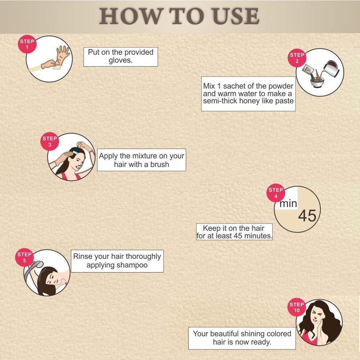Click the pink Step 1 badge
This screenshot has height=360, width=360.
[x=27, y=44]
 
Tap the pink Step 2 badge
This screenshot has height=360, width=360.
[x=297, y=58]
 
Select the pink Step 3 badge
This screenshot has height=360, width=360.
[x=50, y=141]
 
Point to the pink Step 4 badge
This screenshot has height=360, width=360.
[x=276, y=193]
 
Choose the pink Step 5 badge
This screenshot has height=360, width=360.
[x=24, y=257]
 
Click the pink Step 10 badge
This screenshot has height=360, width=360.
[x=297, y=307]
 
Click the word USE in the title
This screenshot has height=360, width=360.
[x=236, y=16]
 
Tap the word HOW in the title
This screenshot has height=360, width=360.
[x=130, y=16]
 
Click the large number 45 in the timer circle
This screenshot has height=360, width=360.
[x=307, y=216]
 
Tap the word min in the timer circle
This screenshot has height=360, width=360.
[x=288, y=203]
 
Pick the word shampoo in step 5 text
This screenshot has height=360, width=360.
[x=132, y=265]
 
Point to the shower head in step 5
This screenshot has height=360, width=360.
[x=36, y=266]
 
